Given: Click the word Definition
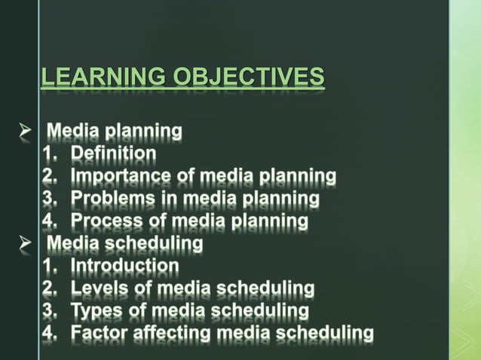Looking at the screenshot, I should click(x=113, y=154).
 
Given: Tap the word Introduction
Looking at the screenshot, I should click(x=124, y=266).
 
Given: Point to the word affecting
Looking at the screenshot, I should click(x=170, y=333).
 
